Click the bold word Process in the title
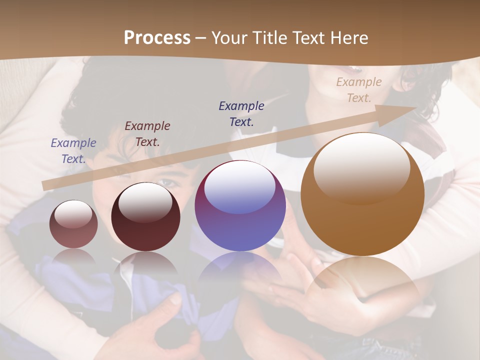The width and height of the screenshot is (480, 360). click(157, 38)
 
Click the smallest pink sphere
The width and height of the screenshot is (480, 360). click(73, 224)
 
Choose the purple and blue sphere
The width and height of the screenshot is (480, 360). click(240, 205)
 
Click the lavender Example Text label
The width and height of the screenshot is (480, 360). click(73, 150)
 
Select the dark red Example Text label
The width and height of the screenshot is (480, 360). click(147, 133)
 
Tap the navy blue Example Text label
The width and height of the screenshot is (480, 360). click(241, 113)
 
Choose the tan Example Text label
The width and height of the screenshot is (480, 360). click(359, 90)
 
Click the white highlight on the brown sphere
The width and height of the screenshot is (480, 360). click(361, 167)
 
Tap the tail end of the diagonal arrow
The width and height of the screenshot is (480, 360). click(46, 185)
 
